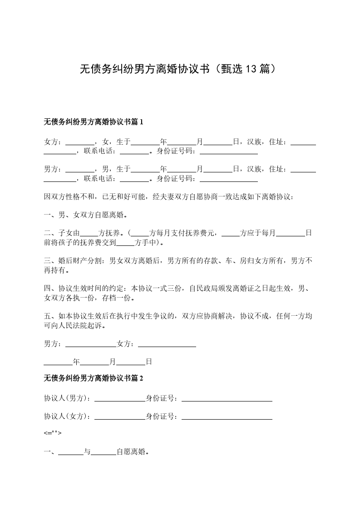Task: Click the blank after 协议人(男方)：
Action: tap(119, 398)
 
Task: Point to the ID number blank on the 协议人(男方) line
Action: tap(227, 398)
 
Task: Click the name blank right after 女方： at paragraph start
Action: tap(80, 142)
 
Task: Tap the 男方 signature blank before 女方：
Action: tap(91, 344)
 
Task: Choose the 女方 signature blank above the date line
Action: tap(167, 344)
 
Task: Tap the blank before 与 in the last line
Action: tap(71, 452)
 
